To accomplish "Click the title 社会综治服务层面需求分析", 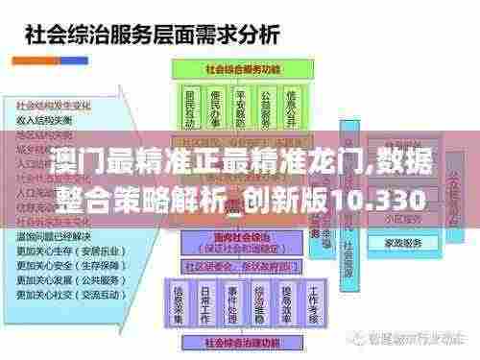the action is point(155,36).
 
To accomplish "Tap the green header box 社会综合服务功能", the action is point(244,69).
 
